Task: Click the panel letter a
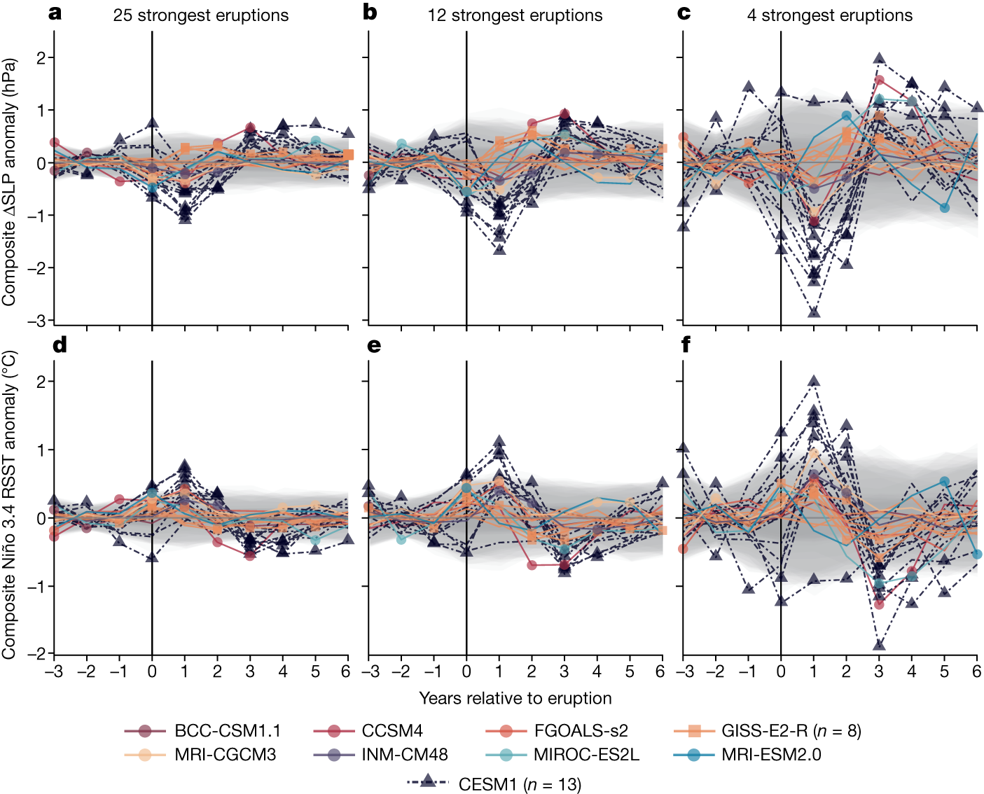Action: [55, 13]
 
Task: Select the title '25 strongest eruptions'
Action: [200, 15]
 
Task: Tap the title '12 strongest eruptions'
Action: [515, 15]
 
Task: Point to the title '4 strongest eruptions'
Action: [829, 15]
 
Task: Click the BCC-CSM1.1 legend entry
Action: [227, 731]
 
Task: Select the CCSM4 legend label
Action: [392, 731]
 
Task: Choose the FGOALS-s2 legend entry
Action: [581, 731]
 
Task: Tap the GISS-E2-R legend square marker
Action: [694, 731]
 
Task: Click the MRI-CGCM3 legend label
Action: [225, 755]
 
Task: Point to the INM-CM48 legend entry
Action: [404, 755]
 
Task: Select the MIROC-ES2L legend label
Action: [585, 755]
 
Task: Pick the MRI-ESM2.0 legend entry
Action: [771, 755]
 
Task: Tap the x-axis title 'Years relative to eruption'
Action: [515, 698]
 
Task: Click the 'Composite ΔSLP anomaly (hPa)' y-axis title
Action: [9, 181]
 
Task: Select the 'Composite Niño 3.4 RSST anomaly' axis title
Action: [9, 504]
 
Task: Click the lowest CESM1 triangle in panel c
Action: [814, 312]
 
